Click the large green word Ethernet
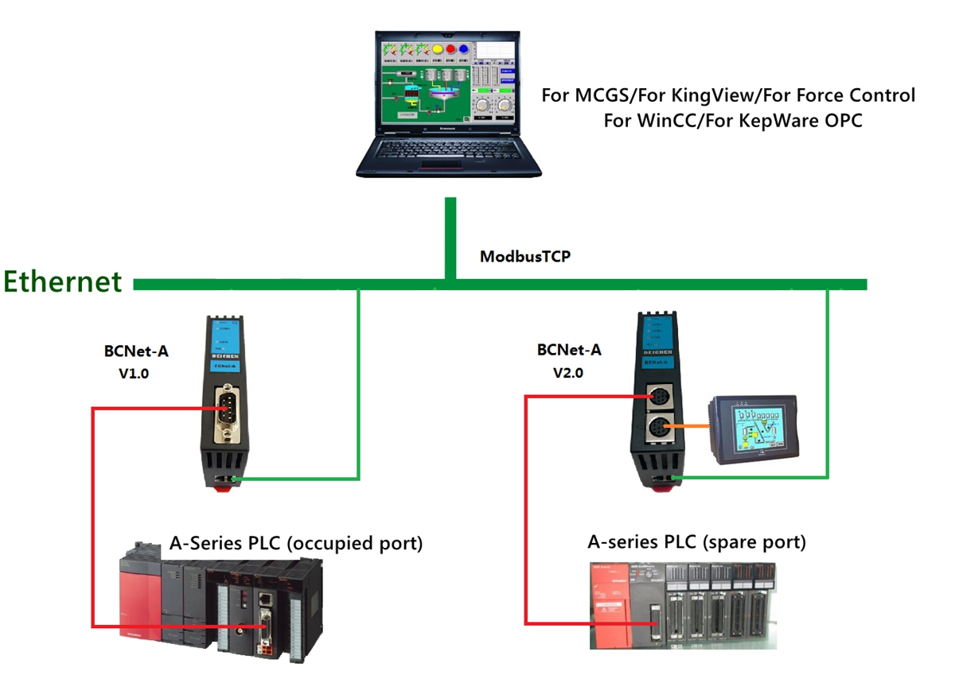63,281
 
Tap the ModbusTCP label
524,257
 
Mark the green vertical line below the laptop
450,239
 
